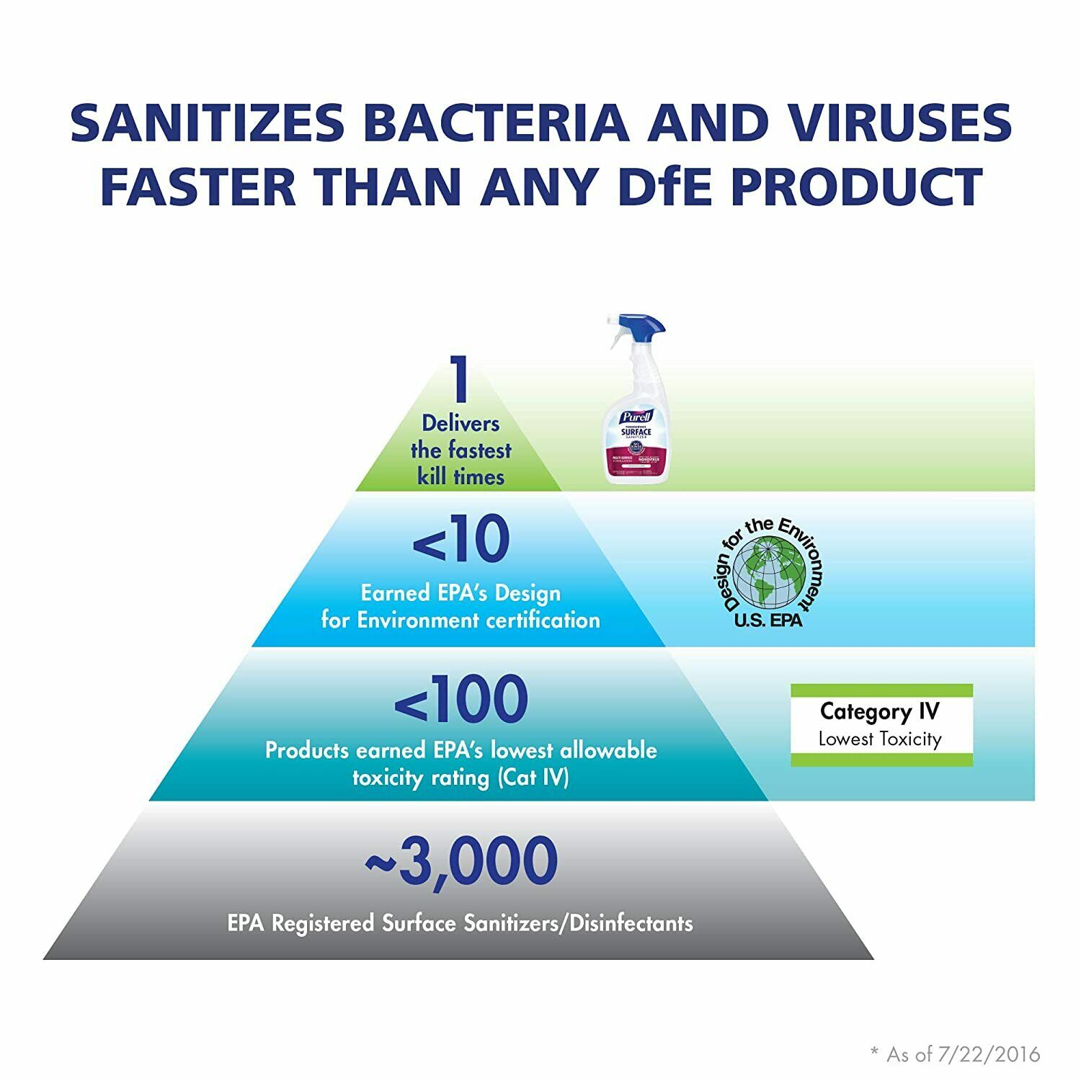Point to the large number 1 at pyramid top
460,381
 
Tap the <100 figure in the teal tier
461,699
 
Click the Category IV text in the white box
880,712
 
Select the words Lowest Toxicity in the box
880,739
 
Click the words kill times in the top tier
461,477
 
